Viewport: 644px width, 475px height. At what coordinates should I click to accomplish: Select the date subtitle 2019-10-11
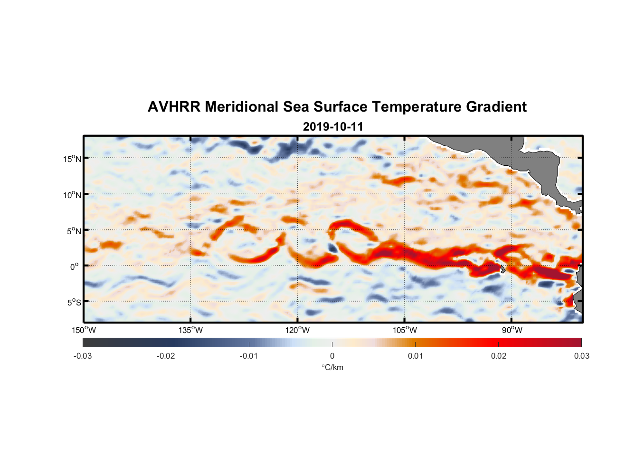tap(332, 127)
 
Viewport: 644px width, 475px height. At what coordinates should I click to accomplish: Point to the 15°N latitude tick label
tap(72, 159)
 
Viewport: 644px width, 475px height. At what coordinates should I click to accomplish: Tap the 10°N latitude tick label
tap(72, 195)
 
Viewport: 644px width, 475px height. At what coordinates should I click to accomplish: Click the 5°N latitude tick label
tap(74, 231)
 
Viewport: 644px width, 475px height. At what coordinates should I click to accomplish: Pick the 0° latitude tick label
tap(75, 266)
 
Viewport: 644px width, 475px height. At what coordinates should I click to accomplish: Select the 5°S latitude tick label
tap(74, 302)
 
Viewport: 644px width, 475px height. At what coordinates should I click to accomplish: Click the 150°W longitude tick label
tap(84, 330)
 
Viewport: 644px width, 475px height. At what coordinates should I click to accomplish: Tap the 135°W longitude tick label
tap(190, 330)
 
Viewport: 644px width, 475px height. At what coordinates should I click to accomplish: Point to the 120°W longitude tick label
tap(297, 330)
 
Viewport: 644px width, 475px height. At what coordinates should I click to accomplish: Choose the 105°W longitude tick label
tap(405, 330)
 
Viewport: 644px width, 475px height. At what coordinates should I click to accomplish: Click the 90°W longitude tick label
tap(512, 330)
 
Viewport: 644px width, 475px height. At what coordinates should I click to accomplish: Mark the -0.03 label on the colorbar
tap(83, 356)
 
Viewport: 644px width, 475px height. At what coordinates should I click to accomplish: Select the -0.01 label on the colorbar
tap(249, 356)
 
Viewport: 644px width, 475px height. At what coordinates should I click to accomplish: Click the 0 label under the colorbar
tap(332, 356)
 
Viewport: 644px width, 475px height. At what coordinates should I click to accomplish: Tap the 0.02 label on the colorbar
tap(498, 356)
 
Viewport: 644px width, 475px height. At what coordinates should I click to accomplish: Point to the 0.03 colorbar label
tap(581, 356)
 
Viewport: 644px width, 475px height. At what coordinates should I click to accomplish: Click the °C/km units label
tap(332, 367)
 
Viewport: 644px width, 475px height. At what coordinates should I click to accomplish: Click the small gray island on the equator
tap(502, 269)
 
